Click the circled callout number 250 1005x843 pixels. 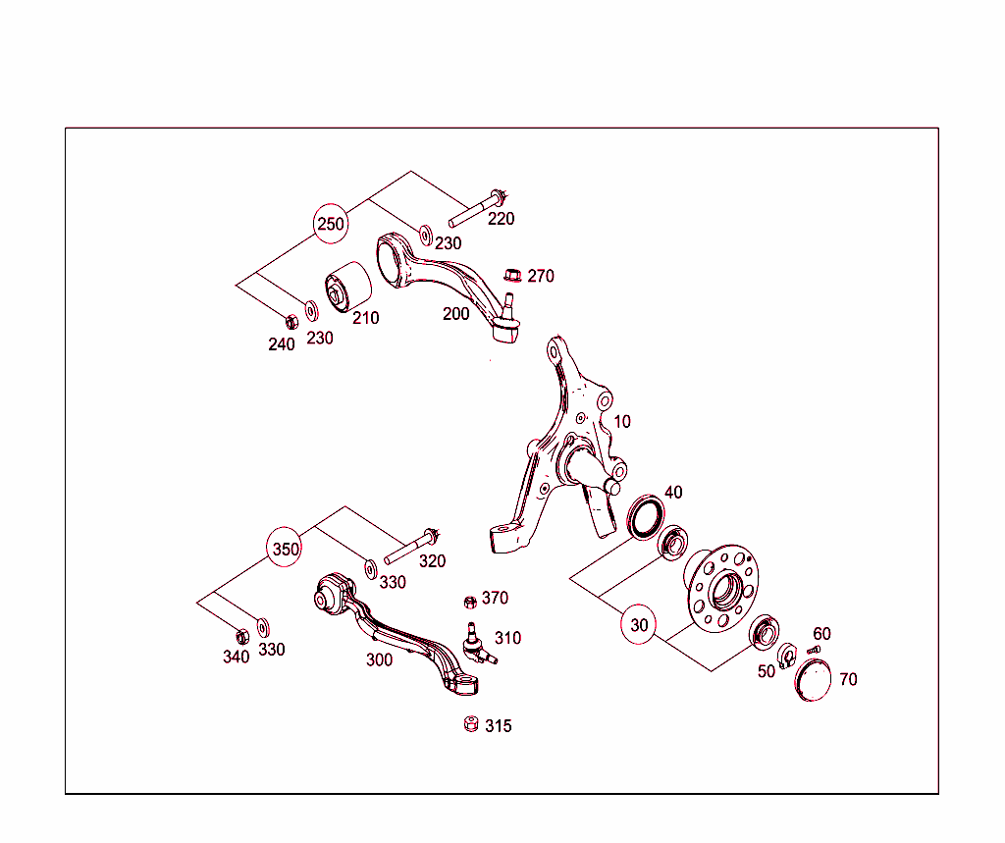coord(331,224)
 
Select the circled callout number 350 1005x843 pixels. coord(286,549)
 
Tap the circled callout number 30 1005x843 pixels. coord(640,624)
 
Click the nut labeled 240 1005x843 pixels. coord(291,320)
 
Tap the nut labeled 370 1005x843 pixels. coord(469,601)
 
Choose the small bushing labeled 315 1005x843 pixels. coord(469,725)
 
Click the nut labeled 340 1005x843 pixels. coord(242,635)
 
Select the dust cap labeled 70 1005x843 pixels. coord(813,680)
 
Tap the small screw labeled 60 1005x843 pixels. coord(812,650)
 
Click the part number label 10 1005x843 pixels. coord(622,422)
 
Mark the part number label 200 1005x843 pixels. coord(455,314)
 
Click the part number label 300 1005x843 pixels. coord(379,659)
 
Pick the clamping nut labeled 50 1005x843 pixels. coord(787,655)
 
